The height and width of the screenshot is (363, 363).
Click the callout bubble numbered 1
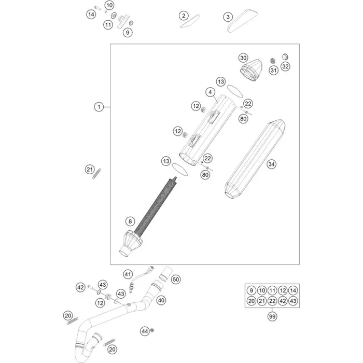[x=99, y=107]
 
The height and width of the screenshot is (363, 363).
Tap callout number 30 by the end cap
[x=243, y=58]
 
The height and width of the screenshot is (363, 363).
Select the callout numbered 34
[x=271, y=164]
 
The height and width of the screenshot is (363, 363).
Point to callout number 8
[x=130, y=221]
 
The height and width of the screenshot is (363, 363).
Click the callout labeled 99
[x=272, y=316]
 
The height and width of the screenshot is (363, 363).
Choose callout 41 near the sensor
[x=128, y=274]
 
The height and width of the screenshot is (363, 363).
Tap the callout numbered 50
[x=176, y=280]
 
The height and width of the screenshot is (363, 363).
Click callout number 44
[x=145, y=331]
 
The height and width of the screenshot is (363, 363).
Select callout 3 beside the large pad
[x=228, y=17]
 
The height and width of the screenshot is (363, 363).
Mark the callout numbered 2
[x=184, y=16]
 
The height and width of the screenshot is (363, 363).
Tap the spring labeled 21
[x=96, y=174]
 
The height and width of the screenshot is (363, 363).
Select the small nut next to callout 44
[x=152, y=330]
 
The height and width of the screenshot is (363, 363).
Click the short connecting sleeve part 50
[x=165, y=274]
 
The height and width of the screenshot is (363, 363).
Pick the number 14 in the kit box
[x=293, y=290]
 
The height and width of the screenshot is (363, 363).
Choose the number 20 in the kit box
[x=252, y=301]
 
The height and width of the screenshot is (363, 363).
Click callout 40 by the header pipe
[x=161, y=300]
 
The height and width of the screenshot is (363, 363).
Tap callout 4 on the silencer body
[x=210, y=92]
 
